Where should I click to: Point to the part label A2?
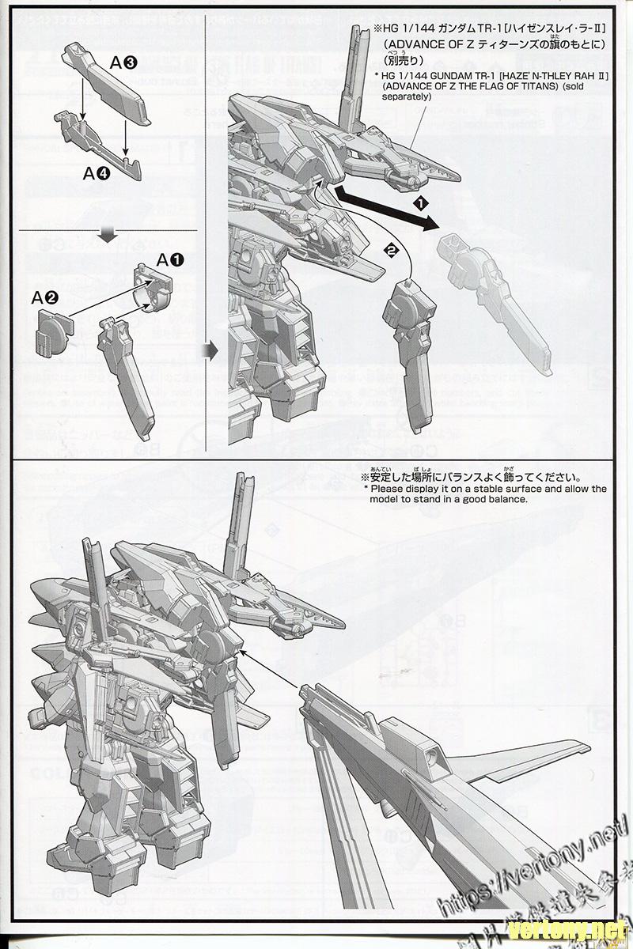tap(44, 298)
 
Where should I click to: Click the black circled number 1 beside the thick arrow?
tap(422, 203)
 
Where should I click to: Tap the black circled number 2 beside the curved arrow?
tap(389, 249)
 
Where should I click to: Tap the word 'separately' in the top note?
tap(408, 96)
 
